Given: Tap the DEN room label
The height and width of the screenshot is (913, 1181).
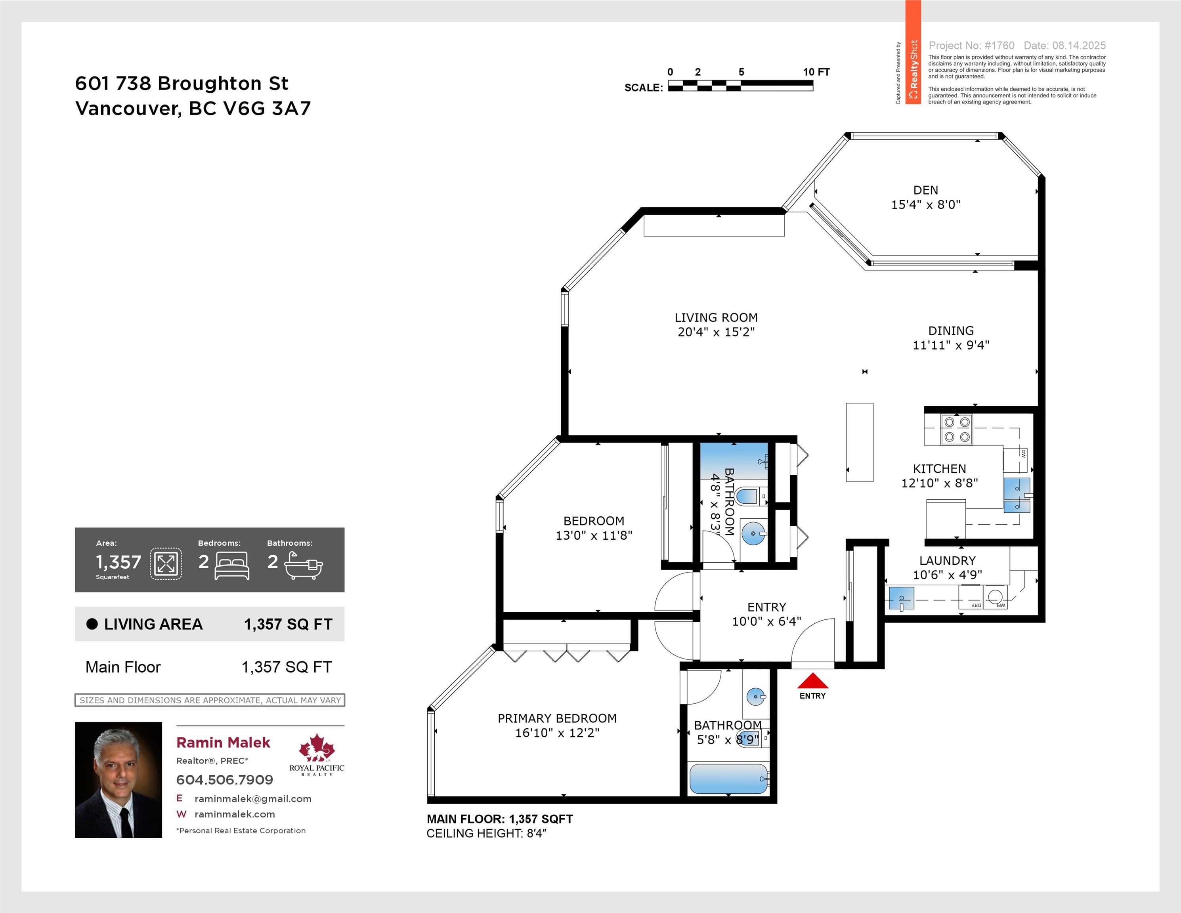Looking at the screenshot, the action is point(925,190).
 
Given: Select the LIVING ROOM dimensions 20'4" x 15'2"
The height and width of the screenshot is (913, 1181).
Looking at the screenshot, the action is point(716,332).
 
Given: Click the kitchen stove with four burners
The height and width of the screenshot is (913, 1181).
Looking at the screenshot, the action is point(957,429).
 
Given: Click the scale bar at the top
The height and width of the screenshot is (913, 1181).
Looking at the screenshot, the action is point(740,86).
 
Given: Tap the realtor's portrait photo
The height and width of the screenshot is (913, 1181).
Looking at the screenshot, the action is point(118,779).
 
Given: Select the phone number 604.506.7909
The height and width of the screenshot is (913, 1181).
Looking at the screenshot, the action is point(224,779).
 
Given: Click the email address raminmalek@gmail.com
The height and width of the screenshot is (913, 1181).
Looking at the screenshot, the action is point(252,799).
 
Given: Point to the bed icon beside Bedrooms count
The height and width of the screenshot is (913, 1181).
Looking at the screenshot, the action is point(232,565).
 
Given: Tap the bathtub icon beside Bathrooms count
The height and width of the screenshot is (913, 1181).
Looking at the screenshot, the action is point(303,565).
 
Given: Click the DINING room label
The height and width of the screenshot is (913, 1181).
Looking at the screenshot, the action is point(951,331).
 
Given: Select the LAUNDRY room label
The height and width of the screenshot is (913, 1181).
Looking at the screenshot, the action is point(948,561).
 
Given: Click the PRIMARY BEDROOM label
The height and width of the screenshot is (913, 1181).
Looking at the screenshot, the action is point(557,718).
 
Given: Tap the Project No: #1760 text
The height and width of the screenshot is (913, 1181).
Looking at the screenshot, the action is point(971,46).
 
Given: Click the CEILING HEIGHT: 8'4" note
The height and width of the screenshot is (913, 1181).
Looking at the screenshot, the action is point(486,833).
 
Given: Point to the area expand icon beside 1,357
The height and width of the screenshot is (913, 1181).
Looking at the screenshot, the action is point(166,564).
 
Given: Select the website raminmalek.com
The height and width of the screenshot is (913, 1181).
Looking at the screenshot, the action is point(235,814).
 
